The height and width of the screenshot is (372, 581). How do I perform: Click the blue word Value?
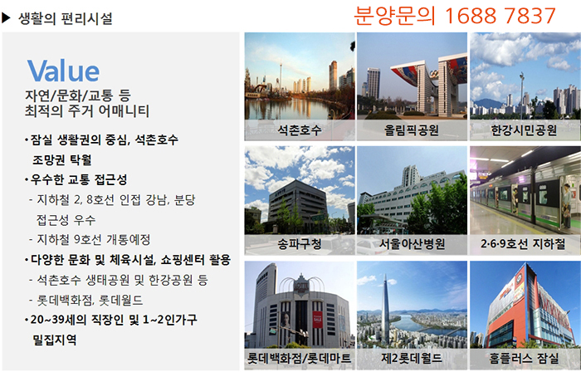[63, 70]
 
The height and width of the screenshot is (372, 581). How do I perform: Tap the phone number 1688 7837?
[500, 16]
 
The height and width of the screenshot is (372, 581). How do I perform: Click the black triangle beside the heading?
[6, 17]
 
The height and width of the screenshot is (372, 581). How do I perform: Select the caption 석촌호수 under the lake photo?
[300, 130]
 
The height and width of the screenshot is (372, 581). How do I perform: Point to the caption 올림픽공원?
[412, 130]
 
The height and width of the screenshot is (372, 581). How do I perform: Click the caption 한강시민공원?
[524, 130]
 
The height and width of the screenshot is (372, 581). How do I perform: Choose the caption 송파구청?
[300, 244]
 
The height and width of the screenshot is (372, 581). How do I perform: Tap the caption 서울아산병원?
[412, 244]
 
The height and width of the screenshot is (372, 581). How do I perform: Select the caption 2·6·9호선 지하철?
[523, 244]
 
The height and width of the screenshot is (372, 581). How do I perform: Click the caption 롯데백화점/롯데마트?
[300, 358]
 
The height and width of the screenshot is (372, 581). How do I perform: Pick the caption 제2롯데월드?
[412, 358]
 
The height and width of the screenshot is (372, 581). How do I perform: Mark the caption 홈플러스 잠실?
[524, 358]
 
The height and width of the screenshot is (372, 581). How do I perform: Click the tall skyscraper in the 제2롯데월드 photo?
[385, 311]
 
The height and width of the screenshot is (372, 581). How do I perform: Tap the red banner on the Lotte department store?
[318, 320]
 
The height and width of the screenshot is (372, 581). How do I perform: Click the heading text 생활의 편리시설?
[66, 18]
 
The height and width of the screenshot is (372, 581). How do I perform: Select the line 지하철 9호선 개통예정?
[93, 240]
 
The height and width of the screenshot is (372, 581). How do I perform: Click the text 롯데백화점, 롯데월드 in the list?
[90, 300]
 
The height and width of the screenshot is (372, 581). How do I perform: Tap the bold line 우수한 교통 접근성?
[79, 179]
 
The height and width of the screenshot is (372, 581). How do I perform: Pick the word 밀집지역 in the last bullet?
[55, 340]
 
